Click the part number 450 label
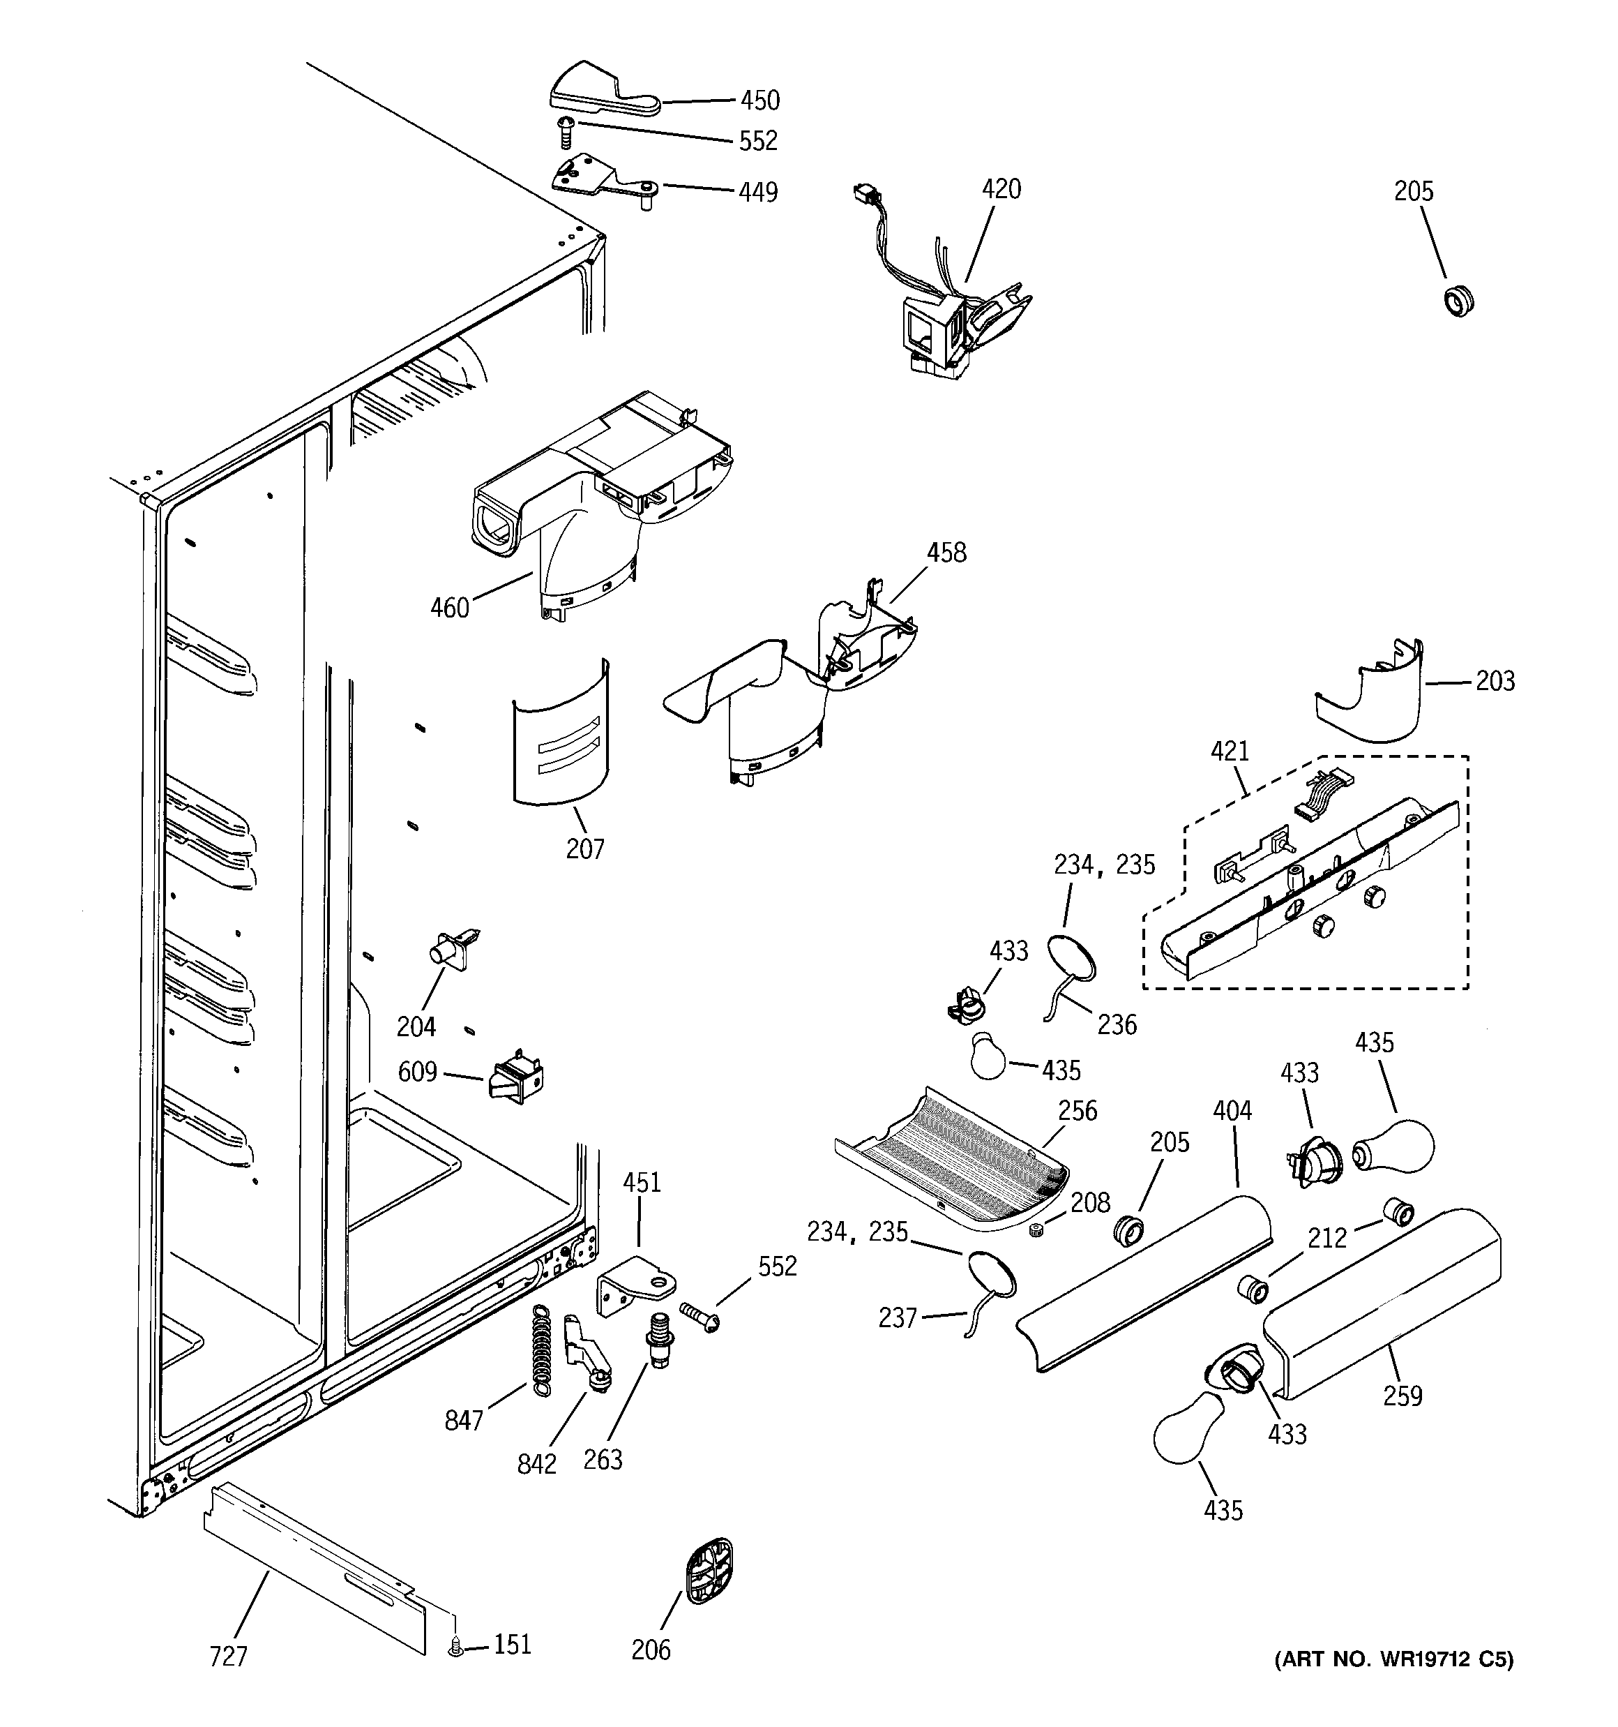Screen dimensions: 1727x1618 (760, 100)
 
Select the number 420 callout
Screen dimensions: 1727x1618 (1001, 188)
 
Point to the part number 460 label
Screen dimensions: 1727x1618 (450, 608)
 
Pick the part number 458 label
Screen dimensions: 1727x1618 (946, 553)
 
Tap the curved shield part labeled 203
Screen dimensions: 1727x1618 (1373, 699)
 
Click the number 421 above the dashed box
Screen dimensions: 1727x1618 (1230, 751)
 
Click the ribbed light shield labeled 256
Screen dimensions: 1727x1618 (951, 1158)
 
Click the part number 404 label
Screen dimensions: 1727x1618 (1232, 1110)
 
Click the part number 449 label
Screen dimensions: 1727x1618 (758, 192)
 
